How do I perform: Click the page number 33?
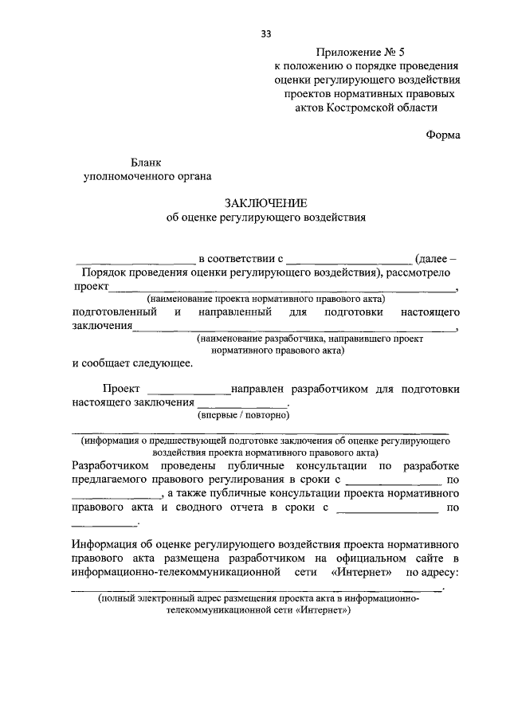click(x=266, y=33)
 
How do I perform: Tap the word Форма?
click(x=443, y=135)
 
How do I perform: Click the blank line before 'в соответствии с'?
click(x=135, y=261)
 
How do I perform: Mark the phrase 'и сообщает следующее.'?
click(x=131, y=364)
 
